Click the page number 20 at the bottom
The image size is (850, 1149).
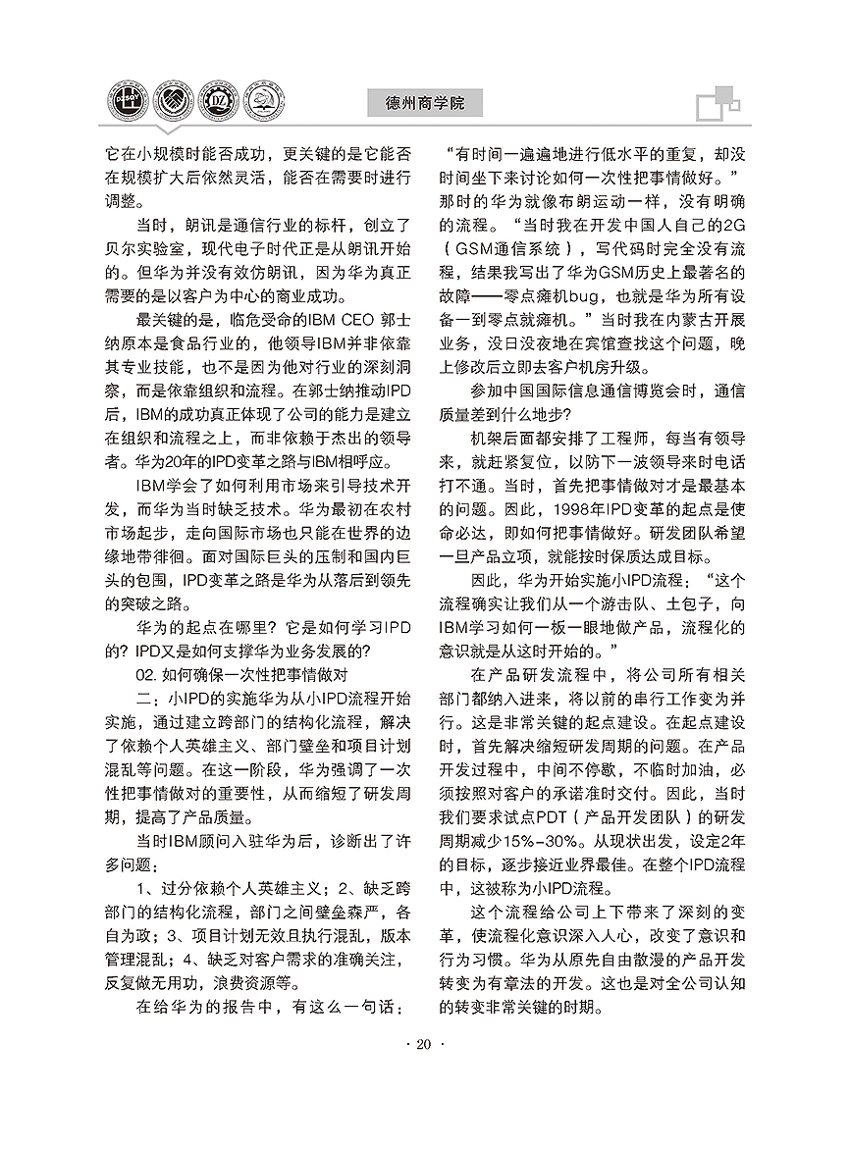coord(424,1044)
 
